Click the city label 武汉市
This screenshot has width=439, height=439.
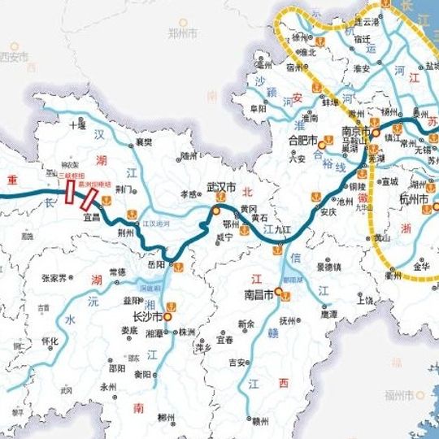[220, 188]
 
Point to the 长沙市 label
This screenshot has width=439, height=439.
[148, 318]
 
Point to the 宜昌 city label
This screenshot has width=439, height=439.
[91, 217]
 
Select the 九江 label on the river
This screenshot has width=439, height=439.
[282, 230]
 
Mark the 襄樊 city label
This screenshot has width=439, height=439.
[144, 141]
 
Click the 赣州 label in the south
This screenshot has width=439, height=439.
[259, 421]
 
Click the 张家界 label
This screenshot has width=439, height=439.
[56, 278]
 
